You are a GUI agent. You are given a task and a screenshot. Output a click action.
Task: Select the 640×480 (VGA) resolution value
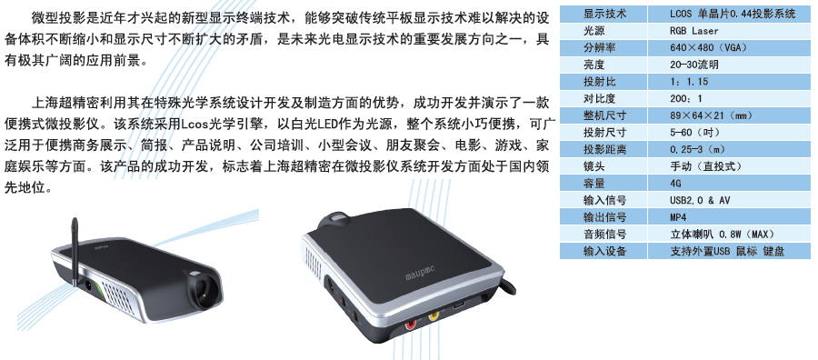point(708,48)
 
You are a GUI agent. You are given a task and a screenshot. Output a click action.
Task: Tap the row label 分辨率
point(600,48)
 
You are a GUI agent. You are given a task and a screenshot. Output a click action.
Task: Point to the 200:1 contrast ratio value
point(686,98)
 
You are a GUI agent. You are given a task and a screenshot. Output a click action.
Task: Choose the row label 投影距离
point(604,150)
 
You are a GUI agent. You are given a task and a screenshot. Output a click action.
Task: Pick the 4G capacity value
point(675,184)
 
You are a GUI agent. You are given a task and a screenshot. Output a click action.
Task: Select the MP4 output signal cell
point(678,217)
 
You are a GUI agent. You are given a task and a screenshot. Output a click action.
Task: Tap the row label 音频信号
point(604,235)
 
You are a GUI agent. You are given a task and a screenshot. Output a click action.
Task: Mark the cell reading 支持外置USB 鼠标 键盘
point(727,252)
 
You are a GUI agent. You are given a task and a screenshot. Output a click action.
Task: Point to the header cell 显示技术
point(604,14)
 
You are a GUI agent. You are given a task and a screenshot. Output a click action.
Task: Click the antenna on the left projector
point(75,250)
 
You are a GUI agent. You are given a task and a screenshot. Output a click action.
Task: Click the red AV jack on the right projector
point(412,324)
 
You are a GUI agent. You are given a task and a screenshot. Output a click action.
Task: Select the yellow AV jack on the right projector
point(434,315)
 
